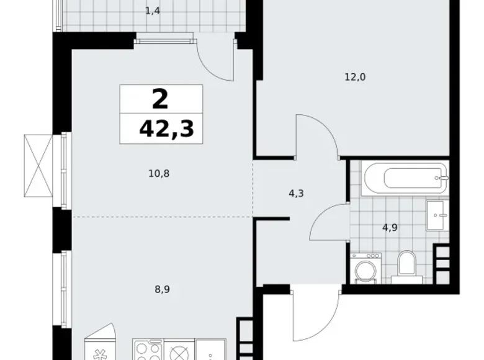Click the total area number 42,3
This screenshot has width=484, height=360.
coord(166,130)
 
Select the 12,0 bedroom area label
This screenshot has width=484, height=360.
coord(356,78)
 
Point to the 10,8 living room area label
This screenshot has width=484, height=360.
coord(159,174)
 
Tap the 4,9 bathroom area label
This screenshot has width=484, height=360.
coord(390,227)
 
